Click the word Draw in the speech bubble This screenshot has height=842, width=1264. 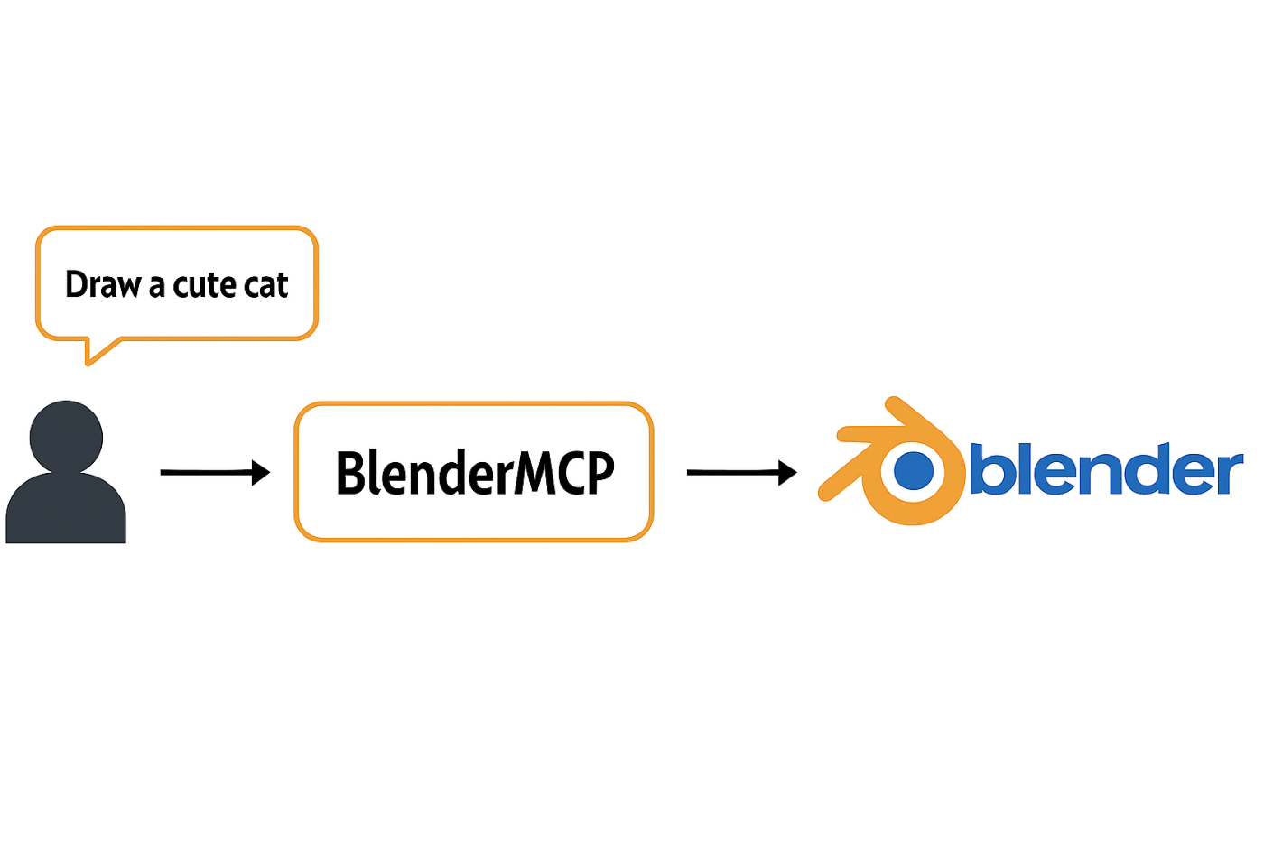coord(103,284)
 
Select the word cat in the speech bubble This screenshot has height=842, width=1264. coord(266,285)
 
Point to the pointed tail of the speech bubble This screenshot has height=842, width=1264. coord(88,364)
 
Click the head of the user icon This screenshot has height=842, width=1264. coord(66,437)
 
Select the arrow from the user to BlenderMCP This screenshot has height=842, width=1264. coord(215,473)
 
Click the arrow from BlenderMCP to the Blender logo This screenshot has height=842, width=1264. coord(741,473)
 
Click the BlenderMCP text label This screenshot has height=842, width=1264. coord(475,473)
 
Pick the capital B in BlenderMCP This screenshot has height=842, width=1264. coord(350,473)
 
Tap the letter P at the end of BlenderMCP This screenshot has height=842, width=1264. coord(600,473)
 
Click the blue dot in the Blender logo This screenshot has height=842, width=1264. coord(914,470)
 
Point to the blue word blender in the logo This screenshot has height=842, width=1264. coord(1107,468)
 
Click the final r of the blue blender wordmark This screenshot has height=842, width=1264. coord(1229,473)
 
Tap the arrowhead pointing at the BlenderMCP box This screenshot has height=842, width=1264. coord(261,473)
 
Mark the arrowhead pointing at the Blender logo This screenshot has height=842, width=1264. coord(787,473)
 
